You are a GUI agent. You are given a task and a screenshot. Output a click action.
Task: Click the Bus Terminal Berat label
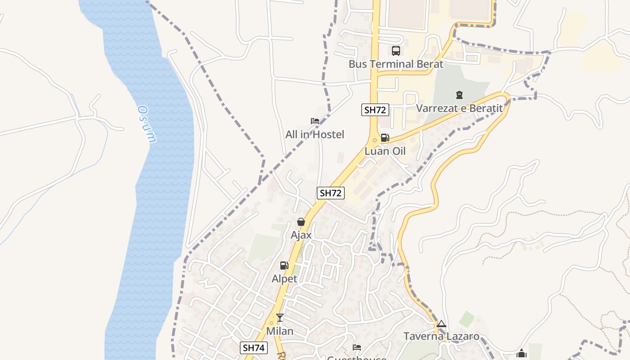tap(396, 64)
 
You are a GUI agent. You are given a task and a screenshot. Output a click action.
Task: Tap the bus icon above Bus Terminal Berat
tap(396, 51)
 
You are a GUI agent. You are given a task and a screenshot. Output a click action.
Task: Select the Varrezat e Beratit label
tap(459, 108)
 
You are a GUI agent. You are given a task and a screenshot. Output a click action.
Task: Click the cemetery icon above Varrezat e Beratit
tap(459, 95)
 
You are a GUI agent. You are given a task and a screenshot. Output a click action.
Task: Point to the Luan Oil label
tap(385, 151)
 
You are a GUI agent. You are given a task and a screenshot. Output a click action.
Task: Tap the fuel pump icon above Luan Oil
tap(385, 138)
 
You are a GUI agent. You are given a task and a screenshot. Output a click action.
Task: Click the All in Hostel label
tap(315, 134)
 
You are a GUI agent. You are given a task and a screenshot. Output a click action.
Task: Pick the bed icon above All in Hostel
tap(315, 121)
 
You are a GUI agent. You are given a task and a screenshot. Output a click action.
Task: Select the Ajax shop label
tap(301, 235)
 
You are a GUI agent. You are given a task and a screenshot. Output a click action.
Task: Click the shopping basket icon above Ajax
tap(301, 222)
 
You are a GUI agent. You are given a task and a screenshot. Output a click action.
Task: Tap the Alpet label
tap(284, 279)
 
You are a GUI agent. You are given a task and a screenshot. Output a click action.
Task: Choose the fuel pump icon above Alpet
tap(284, 265)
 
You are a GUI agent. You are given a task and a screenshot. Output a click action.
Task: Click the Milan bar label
tap(280, 331)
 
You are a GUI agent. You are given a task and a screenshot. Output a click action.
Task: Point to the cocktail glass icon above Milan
tap(280, 318)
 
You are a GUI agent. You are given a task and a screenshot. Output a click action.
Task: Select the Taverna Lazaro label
tap(441, 336)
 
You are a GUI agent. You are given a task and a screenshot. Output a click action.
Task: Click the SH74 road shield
tap(254, 347)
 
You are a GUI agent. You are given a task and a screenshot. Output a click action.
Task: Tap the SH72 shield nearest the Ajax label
tap(330, 193)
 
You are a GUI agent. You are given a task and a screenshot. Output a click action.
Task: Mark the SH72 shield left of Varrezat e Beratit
tap(375, 110)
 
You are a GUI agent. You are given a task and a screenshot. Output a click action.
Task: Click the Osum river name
tap(147, 124)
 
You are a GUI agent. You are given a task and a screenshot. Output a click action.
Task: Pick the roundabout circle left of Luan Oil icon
tap(375, 140)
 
